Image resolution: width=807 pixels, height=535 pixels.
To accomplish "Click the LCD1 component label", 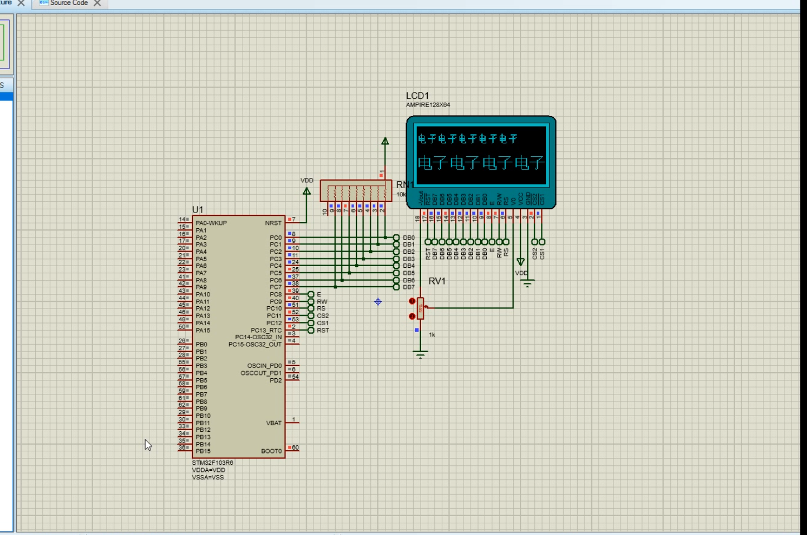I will (417, 96).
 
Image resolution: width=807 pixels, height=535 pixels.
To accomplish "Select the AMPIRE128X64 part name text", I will (428, 105).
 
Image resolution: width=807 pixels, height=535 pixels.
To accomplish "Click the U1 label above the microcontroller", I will (197, 210).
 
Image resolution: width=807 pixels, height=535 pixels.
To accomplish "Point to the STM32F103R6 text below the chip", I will (212, 463).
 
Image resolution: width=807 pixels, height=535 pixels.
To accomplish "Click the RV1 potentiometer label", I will (437, 281).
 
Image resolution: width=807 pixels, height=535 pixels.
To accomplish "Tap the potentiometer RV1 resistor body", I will (421, 308).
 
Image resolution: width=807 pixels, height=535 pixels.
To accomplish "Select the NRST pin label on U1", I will (273, 223).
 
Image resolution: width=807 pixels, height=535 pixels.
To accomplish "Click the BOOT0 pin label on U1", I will (271, 451).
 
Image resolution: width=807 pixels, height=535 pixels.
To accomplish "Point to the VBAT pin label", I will (274, 423).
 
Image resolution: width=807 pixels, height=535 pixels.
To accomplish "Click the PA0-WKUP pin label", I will (211, 223).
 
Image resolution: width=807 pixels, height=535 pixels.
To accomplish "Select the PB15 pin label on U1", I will (203, 451).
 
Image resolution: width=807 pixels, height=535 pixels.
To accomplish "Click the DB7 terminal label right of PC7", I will (409, 287).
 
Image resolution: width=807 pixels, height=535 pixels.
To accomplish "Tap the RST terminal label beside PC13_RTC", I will (323, 330).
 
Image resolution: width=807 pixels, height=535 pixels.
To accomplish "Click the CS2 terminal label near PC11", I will (323, 316).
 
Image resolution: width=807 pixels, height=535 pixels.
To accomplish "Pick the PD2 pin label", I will (276, 380).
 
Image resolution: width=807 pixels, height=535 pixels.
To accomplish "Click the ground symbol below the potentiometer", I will (421, 354).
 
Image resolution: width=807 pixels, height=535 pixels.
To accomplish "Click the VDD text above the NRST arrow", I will (307, 181).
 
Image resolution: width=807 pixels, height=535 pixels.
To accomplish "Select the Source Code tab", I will (69, 3).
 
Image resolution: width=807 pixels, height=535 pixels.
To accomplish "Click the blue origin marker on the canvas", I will (378, 302).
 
